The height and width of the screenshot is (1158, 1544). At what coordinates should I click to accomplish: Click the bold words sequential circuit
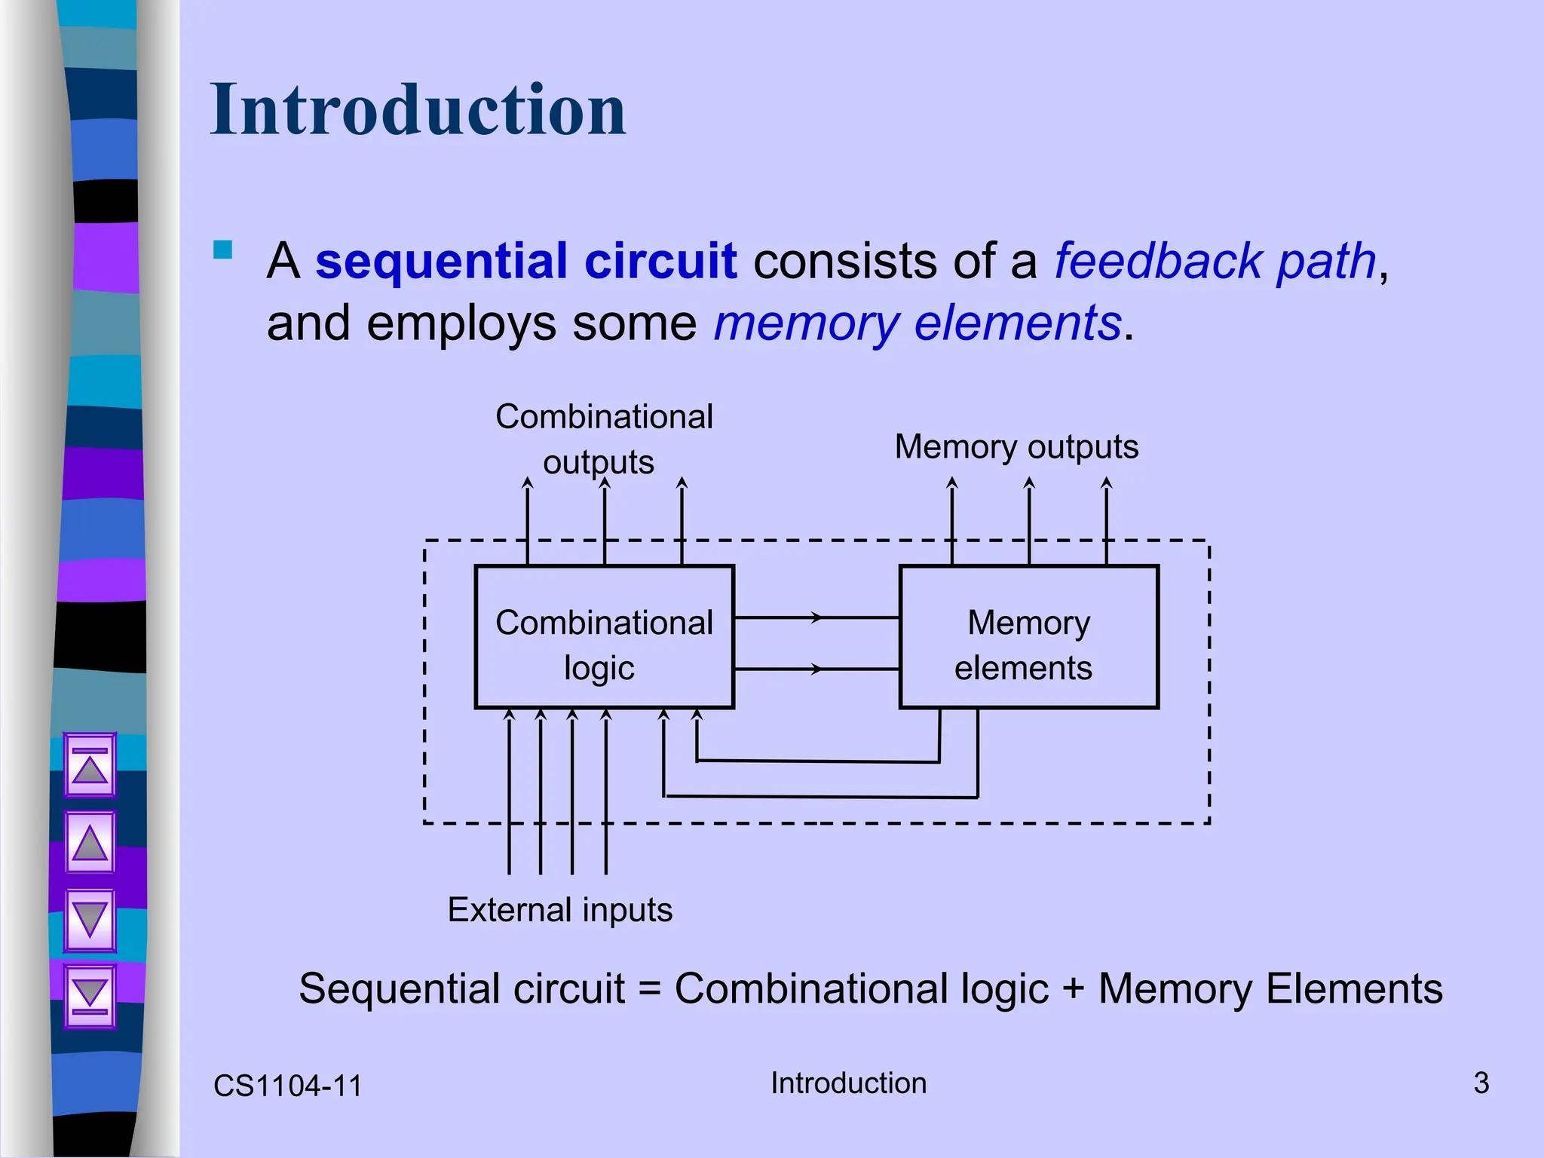tap(525, 262)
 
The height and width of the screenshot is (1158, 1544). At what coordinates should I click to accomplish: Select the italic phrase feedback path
tap(1215, 262)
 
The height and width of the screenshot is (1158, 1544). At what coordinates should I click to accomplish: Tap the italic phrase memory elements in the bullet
tap(918, 323)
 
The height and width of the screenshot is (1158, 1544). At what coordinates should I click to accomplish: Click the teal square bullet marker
tap(223, 250)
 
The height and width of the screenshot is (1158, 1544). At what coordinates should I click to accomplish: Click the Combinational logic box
tap(604, 637)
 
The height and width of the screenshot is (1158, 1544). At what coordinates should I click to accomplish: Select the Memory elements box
tap(1028, 637)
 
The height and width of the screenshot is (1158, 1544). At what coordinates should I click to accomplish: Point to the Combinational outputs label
tap(604, 438)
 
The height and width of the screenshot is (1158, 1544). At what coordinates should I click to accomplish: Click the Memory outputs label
tap(1016, 446)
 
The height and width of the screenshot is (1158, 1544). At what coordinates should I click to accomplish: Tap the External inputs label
tap(559, 909)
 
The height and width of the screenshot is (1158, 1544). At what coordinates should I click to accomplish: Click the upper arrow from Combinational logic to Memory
tap(816, 617)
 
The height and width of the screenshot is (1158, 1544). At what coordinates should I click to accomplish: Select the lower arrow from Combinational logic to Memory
tap(816, 669)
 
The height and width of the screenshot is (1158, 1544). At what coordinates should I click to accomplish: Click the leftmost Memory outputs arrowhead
tap(952, 482)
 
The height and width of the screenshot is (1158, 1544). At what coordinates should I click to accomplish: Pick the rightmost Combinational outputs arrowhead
tap(682, 482)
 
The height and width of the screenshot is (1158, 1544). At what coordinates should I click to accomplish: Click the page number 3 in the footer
tap(1481, 1083)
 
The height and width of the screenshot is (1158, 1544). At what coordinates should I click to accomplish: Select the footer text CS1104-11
tap(287, 1086)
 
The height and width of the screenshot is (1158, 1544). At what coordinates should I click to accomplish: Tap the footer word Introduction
tap(848, 1083)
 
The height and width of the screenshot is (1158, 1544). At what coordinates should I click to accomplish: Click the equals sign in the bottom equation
tap(649, 989)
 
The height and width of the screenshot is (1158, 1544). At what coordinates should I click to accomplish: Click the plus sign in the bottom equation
tap(1073, 989)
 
